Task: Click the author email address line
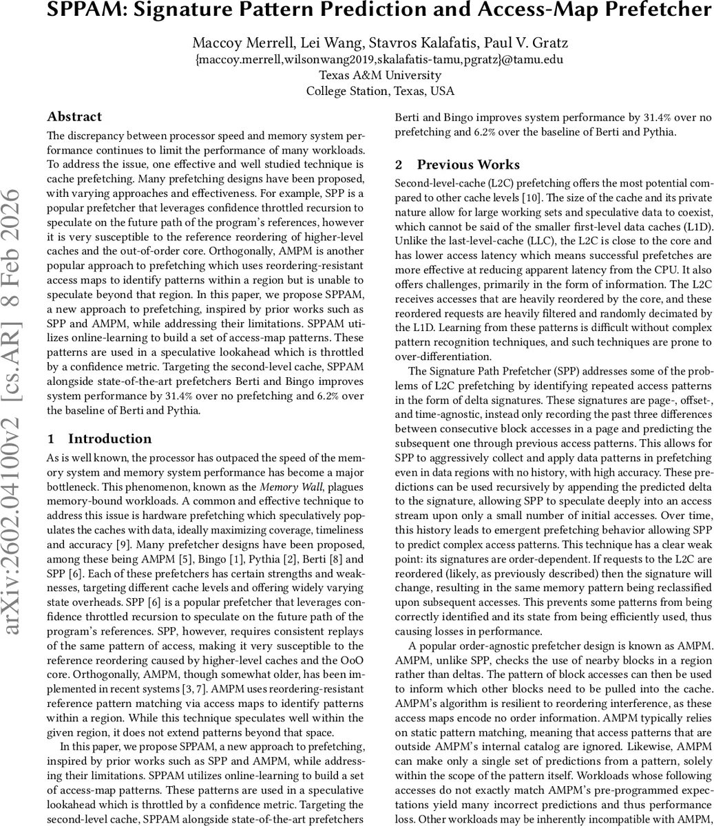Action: click(379, 60)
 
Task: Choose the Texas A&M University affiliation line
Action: click(380, 76)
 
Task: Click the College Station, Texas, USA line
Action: click(380, 92)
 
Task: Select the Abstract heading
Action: click(74, 117)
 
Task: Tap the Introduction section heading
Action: click(109, 439)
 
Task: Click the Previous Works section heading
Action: click(468, 165)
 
